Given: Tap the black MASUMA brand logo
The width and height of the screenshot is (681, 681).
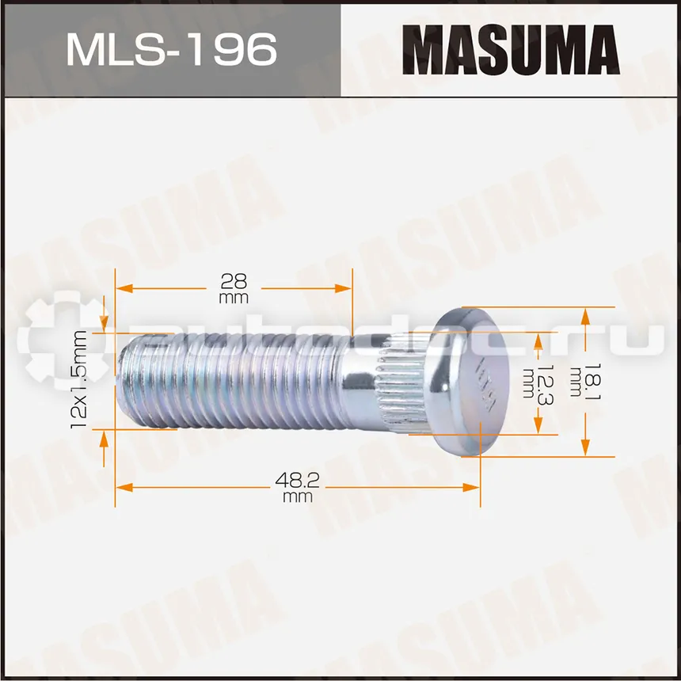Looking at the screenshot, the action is [x=511, y=50].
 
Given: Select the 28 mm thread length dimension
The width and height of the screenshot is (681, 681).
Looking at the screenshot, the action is [x=234, y=288].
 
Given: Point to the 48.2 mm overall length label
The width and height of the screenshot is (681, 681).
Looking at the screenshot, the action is [x=298, y=487].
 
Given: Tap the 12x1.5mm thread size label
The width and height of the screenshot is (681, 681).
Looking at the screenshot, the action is [x=78, y=379].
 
